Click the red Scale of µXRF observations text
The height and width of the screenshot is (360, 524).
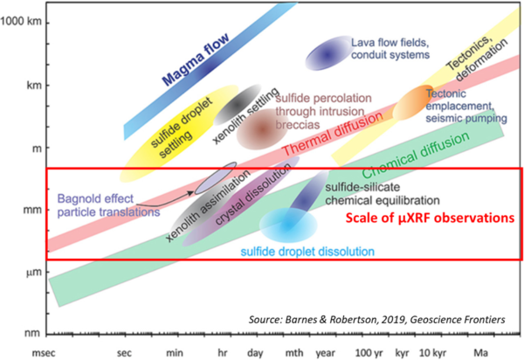(427, 220)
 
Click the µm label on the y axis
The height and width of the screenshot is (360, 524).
(31, 273)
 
